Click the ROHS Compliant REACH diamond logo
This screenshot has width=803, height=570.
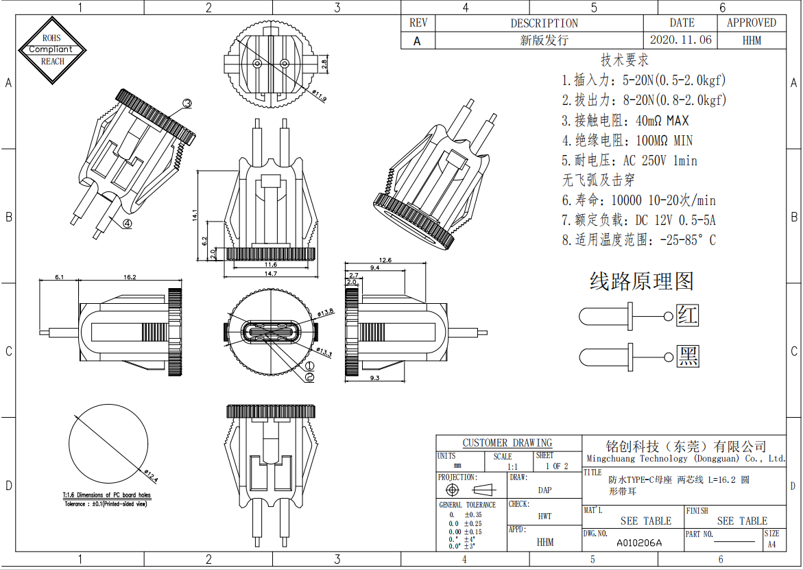pyautogui.click(x=53, y=49)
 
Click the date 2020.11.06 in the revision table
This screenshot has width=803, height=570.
pyautogui.click(x=680, y=40)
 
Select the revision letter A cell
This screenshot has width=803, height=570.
pyautogui.click(x=417, y=40)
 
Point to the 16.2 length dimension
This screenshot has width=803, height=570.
pyautogui.click(x=130, y=278)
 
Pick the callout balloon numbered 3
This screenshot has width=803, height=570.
pyautogui.click(x=187, y=104)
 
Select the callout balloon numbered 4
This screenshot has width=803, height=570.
pyautogui.click(x=128, y=223)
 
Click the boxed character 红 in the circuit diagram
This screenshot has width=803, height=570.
pyautogui.click(x=687, y=316)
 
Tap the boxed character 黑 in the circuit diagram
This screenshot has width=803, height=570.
pyautogui.click(x=687, y=357)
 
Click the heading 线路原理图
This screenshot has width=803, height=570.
pyautogui.click(x=641, y=281)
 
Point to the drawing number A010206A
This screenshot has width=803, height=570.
pyautogui.click(x=639, y=543)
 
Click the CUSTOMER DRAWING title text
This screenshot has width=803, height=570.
pyautogui.click(x=507, y=443)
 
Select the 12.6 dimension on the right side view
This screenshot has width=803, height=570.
pyautogui.click(x=385, y=260)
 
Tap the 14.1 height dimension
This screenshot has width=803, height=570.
pyautogui.click(x=195, y=215)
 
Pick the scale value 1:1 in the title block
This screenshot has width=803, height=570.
pyautogui.click(x=512, y=466)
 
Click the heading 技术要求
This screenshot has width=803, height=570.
pyautogui.click(x=624, y=60)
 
